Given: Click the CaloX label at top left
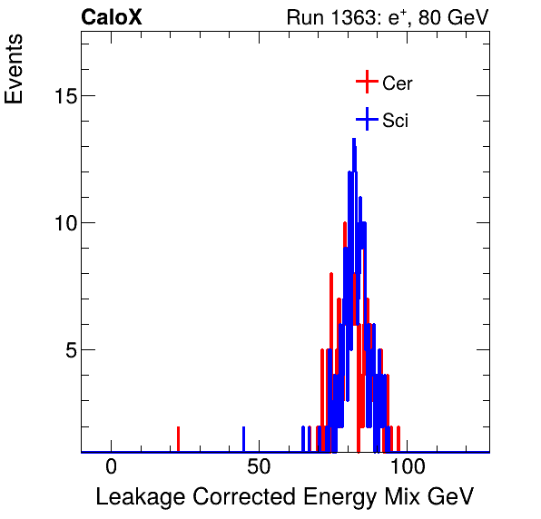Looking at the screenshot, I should coord(112,17).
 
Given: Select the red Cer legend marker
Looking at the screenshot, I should coord(366,82).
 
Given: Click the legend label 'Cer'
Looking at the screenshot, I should coord(398,83).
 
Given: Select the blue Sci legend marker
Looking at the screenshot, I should coord(366,120).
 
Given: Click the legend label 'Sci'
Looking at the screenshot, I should coord(396,121).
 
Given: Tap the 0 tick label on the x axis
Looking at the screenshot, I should coord(111,468).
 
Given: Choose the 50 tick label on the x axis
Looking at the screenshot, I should coord(260,468).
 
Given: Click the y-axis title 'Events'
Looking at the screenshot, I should coord(15,73).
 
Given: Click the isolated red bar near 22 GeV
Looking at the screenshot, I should coord(178,439).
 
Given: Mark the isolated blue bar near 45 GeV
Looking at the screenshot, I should coord(243,439).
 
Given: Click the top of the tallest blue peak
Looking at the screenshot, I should coord(353,139).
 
